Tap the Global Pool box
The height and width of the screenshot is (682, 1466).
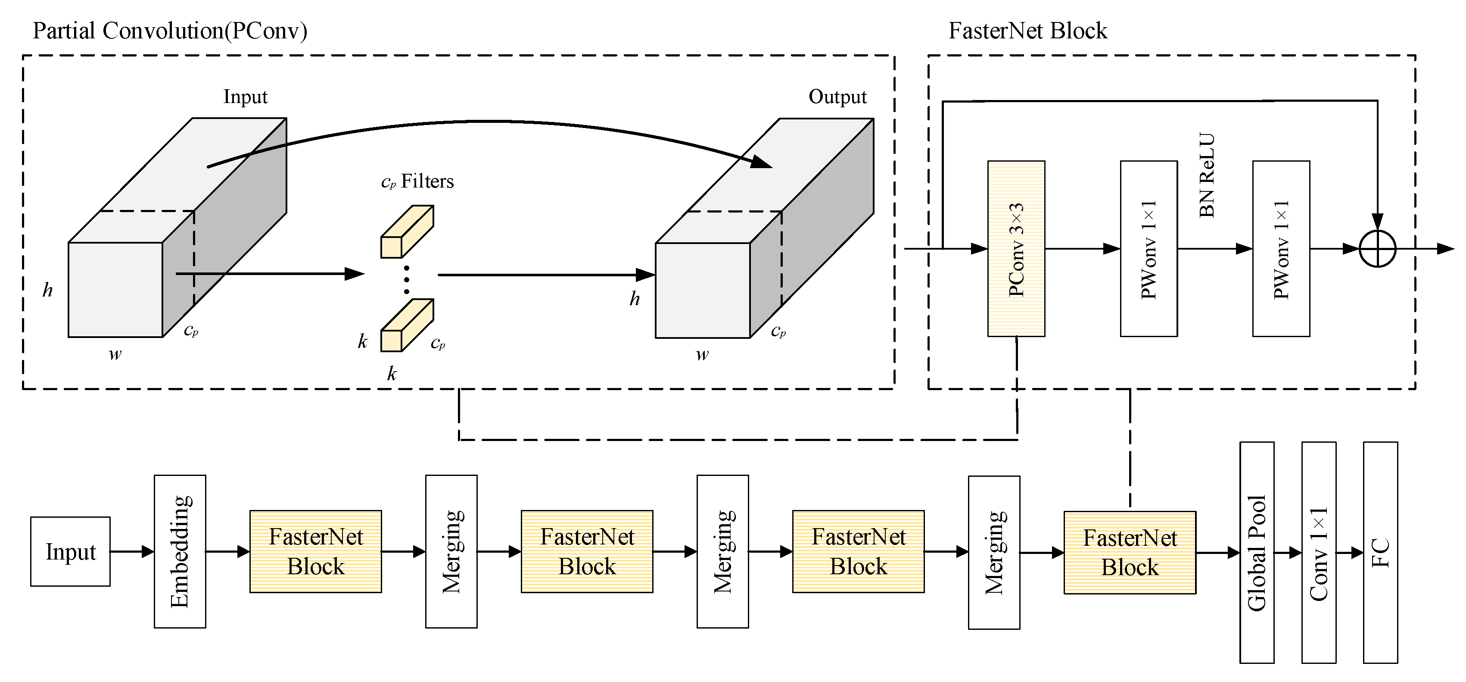pos(1257,552)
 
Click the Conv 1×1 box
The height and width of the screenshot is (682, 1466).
pos(1319,552)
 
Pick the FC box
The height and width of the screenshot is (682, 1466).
pos(1380,552)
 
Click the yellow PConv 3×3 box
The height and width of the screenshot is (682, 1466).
pos(1016,249)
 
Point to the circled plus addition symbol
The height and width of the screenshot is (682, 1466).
pos(1377,249)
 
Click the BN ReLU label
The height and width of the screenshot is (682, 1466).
pos(1207,175)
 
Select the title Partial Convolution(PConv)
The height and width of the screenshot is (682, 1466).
pos(170,31)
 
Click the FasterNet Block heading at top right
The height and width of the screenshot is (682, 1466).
pos(1027,31)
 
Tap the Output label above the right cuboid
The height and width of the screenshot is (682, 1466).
pos(837,97)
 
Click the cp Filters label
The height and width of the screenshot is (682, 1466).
pos(417,181)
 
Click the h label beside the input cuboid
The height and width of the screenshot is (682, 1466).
pos(48,290)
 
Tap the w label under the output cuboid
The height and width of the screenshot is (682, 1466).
pos(702,355)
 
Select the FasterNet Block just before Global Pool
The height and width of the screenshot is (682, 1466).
pos(1130,552)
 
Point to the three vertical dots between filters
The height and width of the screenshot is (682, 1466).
pos(406,279)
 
